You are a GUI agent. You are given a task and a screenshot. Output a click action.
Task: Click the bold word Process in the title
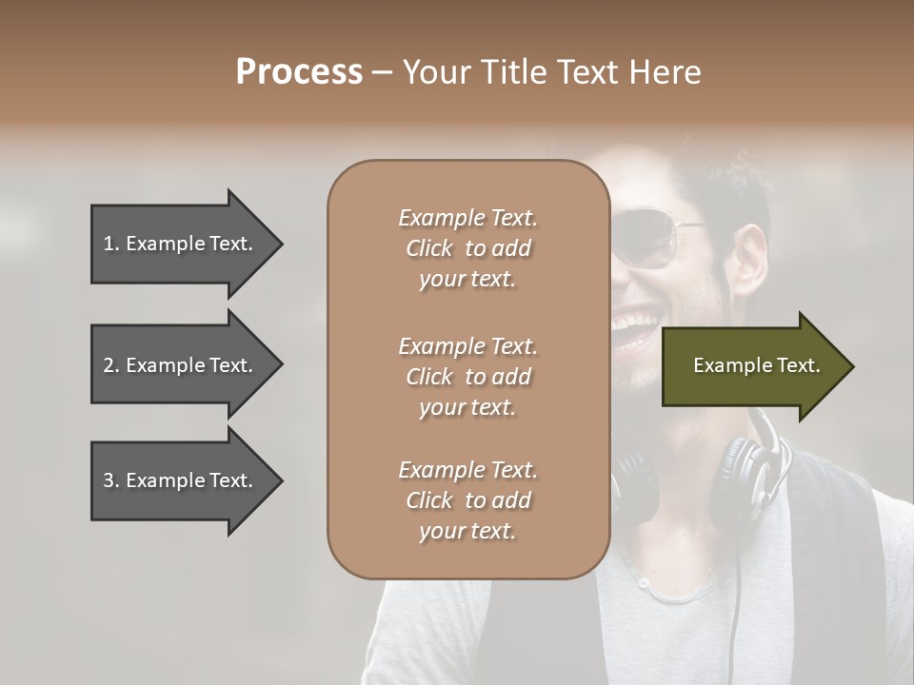[299, 72]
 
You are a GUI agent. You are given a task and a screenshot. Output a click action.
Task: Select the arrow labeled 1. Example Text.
[181, 244]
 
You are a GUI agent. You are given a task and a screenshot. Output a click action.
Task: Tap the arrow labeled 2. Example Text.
[181, 365]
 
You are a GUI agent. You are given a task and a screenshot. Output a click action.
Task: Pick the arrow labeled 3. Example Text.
[181, 481]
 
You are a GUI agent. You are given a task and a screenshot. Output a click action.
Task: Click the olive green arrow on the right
[752, 366]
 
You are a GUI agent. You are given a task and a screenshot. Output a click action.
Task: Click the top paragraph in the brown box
[467, 248]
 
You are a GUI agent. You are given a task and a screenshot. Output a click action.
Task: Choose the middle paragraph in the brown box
[467, 377]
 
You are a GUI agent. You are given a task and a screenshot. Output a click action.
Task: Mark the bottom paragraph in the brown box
[467, 500]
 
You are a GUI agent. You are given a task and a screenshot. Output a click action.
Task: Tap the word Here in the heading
[667, 72]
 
